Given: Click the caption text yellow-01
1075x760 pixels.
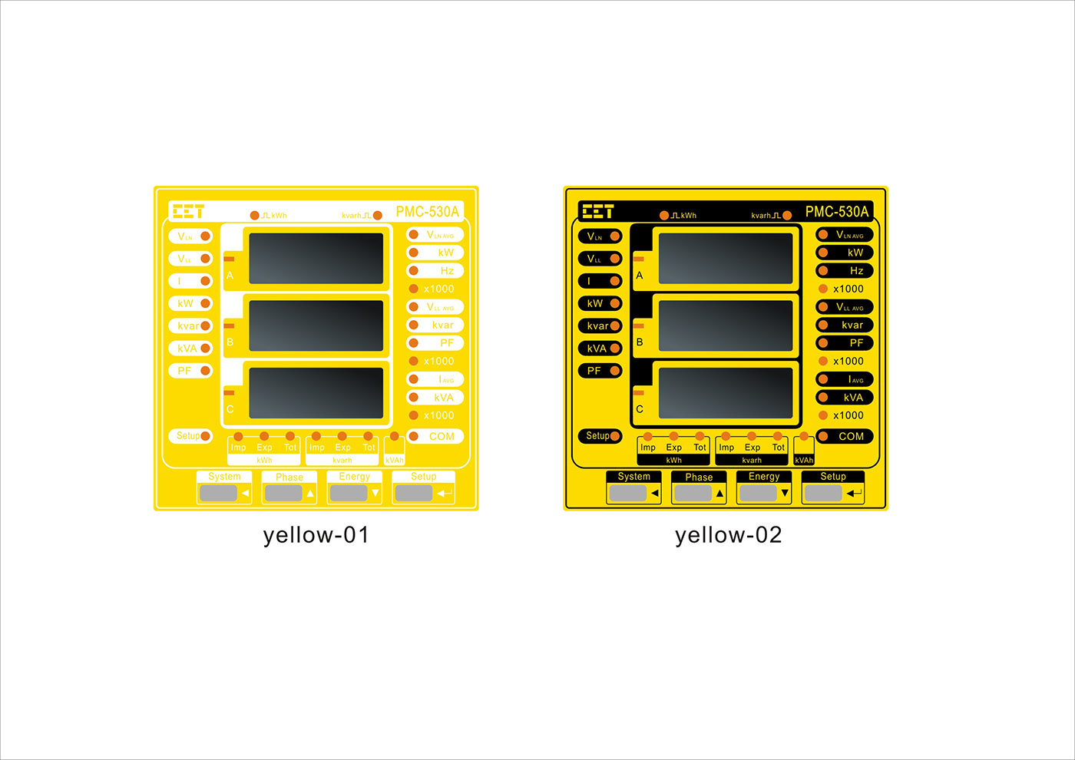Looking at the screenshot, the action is click(x=316, y=534).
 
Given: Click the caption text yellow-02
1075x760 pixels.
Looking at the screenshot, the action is click(x=728, y=534).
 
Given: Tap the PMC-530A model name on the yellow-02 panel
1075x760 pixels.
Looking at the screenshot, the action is click(x=836, y=211).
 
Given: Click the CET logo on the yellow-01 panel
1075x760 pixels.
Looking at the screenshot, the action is click(x=188, y=211).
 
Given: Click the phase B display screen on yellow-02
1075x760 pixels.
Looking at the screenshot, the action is click(x=726, y=325).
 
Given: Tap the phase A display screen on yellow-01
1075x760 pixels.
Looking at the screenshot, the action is click(x=316, y=259).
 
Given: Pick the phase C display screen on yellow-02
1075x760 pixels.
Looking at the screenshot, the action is click(x=726, y=392).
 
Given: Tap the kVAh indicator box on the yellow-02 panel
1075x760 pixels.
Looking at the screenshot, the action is click(x=804, y=451).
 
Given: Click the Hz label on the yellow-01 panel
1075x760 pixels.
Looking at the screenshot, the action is click(x=446, y=271).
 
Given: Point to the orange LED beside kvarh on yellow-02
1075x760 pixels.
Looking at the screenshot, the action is click(x=787, y=216).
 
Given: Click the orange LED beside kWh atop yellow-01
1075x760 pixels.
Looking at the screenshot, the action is click(x=255, y=216).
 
